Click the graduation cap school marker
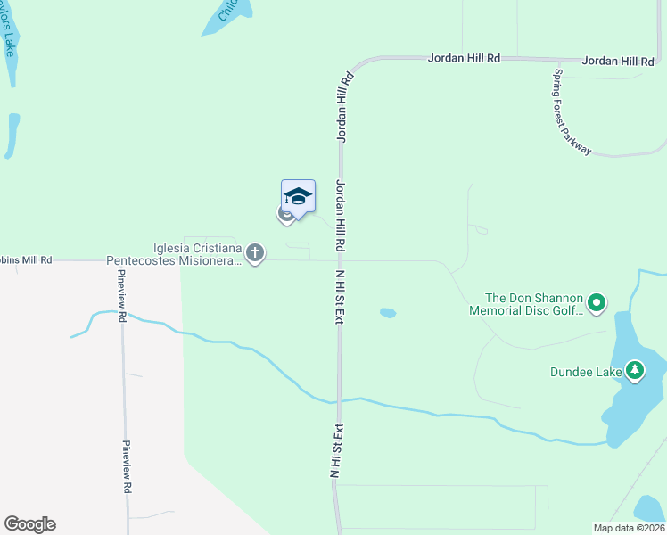(x=298, y=196)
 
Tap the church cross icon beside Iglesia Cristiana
(x=255, y=254)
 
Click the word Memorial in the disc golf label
(x=498, y=310)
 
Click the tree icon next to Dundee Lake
(x=634, y=369)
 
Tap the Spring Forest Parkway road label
(x=572, y=112)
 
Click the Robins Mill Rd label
(x=27, y=259)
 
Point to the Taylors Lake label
(x=8, y=36)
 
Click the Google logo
(x=29, y=524)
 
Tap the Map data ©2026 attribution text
(x=628, y=528)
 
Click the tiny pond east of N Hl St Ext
(x=387, y=313)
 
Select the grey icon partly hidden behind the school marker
(x=285, y=214)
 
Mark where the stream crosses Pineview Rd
(x=122, y=314)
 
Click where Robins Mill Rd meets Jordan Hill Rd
(x=341, y=261)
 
